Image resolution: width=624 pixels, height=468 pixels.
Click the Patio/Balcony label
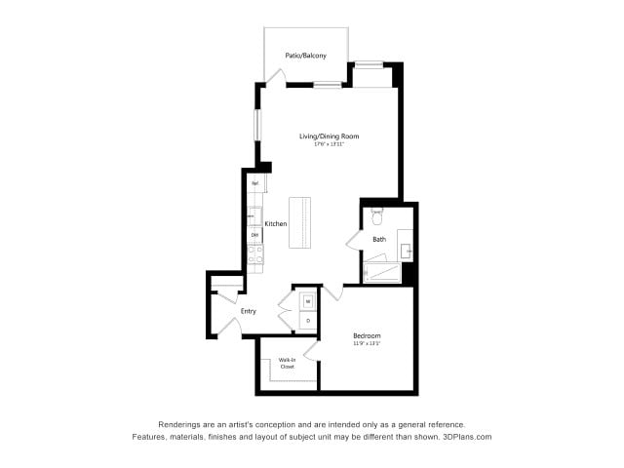point(305,56)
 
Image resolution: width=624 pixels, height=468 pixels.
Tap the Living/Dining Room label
point(329,136)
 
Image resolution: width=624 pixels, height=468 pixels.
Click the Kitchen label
point(276,224)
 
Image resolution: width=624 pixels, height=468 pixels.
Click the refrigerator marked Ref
point(254,183)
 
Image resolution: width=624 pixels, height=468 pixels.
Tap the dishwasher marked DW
point(254,235)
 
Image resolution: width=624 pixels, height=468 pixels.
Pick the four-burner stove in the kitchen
point(254,254)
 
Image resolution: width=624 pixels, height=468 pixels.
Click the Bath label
point(379,239)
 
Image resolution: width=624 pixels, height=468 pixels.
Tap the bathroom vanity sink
point(408,251)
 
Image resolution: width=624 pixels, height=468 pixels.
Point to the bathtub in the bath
point(382,271)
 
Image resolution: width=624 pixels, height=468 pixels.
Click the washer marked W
point(308,301)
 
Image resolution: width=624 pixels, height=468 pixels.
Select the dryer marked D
point(308,320)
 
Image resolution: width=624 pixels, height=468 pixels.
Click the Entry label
point(249,311)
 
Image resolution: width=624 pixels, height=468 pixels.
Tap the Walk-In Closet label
point(287,364)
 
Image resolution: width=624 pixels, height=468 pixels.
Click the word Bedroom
point(367,336)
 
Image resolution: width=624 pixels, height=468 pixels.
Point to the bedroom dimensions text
point(367,344)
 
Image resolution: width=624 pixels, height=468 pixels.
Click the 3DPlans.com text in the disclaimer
point(466,437)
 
